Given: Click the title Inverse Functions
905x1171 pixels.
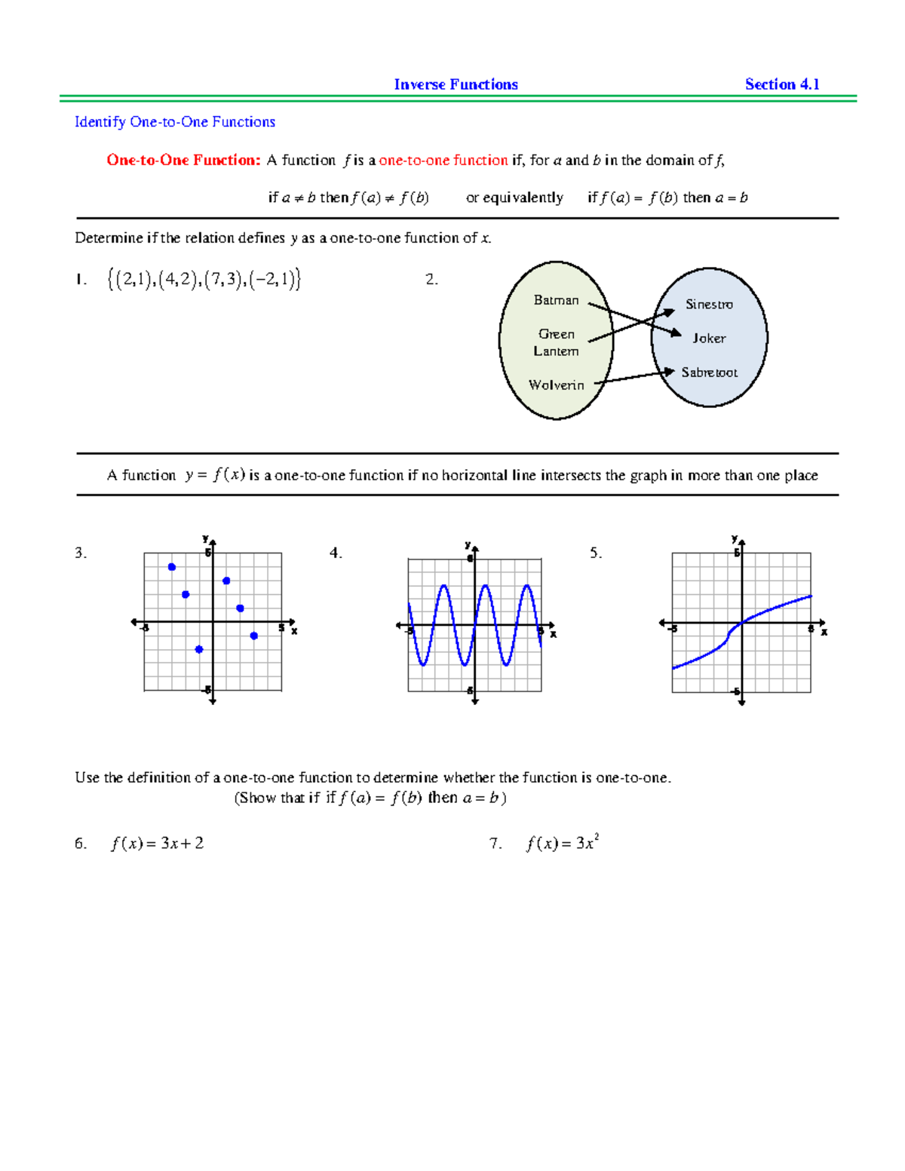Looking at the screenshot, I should (x=456, y=84).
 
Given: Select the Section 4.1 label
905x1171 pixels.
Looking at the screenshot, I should (x=782, y=84).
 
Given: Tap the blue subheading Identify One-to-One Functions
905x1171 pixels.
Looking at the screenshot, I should (x=174, y=122).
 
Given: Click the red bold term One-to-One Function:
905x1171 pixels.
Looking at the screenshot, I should (x=183, y=160).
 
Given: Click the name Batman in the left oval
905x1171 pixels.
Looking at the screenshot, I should (x=556, y=300).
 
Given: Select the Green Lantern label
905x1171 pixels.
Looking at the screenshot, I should (x=557, y=342).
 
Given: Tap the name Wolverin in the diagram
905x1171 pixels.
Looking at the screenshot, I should (x=556, y=385).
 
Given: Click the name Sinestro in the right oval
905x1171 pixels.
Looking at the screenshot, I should (x=709, y=305).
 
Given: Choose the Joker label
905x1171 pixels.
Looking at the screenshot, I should (x=709, y=339).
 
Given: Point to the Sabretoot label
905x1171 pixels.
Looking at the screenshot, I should (x=709, y=372).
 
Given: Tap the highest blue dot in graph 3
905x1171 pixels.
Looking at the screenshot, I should (x=172, y=567).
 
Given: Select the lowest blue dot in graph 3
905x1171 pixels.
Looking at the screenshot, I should (x=199, y=649).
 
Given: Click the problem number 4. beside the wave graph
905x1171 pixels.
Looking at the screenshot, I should (x=336, y=553).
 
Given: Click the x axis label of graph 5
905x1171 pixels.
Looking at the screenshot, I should (x=824, y=632).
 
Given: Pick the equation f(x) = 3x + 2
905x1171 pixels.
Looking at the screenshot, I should (x=157, y=844).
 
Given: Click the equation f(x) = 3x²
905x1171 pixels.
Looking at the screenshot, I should (x=563, y=843).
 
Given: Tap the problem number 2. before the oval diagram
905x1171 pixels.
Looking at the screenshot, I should (x=431, y=280).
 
